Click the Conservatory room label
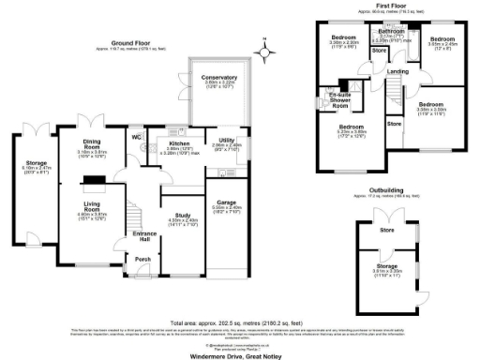pyautogui.click(x=220, y=78)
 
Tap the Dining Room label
pyautogui.click(x=92, y=143)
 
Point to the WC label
pyautogui.click(x=137, y=138)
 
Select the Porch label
pyautogui.click(x=143, y=260)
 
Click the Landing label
pyautogui.click(x=397, y=71)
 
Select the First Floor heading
pyautogui.click(x=396, y=5)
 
